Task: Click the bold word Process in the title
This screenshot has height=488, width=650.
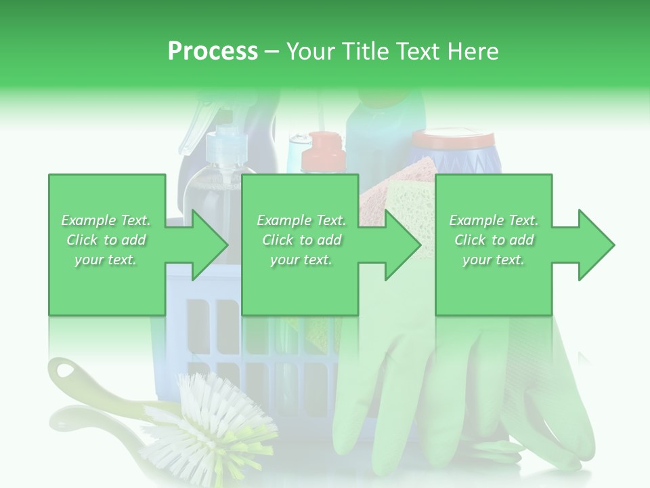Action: click(x=213, y=52)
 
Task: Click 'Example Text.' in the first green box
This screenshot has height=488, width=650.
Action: click(x=106, y=220)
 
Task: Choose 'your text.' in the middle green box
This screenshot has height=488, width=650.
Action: click(x=301, y=260)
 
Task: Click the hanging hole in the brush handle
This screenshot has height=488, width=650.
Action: click(x=66, y=371)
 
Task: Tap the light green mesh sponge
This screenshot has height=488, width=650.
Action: click(x=410, y=203)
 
